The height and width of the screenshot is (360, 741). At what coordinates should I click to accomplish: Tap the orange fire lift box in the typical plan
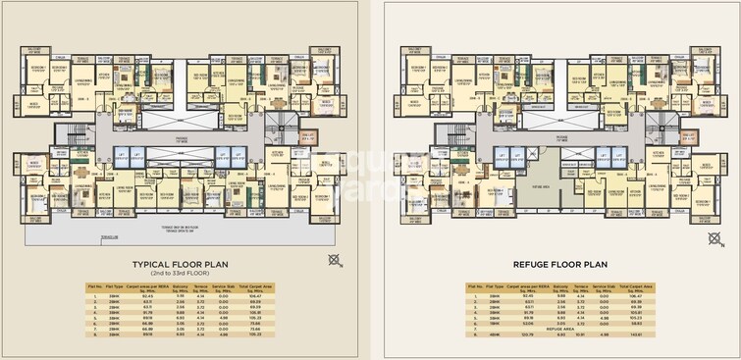[x=309, y=138]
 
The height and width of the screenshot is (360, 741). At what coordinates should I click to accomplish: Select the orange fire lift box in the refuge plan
[x=686, y=138]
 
